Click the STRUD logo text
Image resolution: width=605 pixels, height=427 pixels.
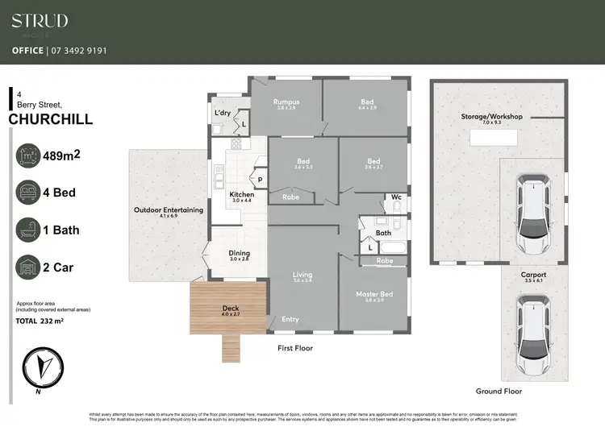[x=40, y=20]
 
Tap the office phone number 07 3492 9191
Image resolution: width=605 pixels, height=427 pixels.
[x=59, y=50]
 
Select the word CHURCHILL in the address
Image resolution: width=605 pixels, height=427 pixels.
[x=50, y=120]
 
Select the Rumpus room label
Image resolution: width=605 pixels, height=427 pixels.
[x=286, y=102]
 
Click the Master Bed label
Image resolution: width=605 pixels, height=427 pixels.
[x=373, y=295]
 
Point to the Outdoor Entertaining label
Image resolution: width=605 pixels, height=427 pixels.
[x=168, y=211]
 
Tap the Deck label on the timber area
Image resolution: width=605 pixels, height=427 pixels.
[x=230, y=309]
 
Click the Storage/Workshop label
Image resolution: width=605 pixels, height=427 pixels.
[x=491, y=117]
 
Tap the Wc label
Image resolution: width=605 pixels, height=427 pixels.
[x=396, y=196]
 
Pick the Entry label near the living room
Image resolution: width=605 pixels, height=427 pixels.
[x=290, y=320]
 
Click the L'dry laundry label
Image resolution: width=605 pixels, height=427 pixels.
[x=222, y=113]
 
